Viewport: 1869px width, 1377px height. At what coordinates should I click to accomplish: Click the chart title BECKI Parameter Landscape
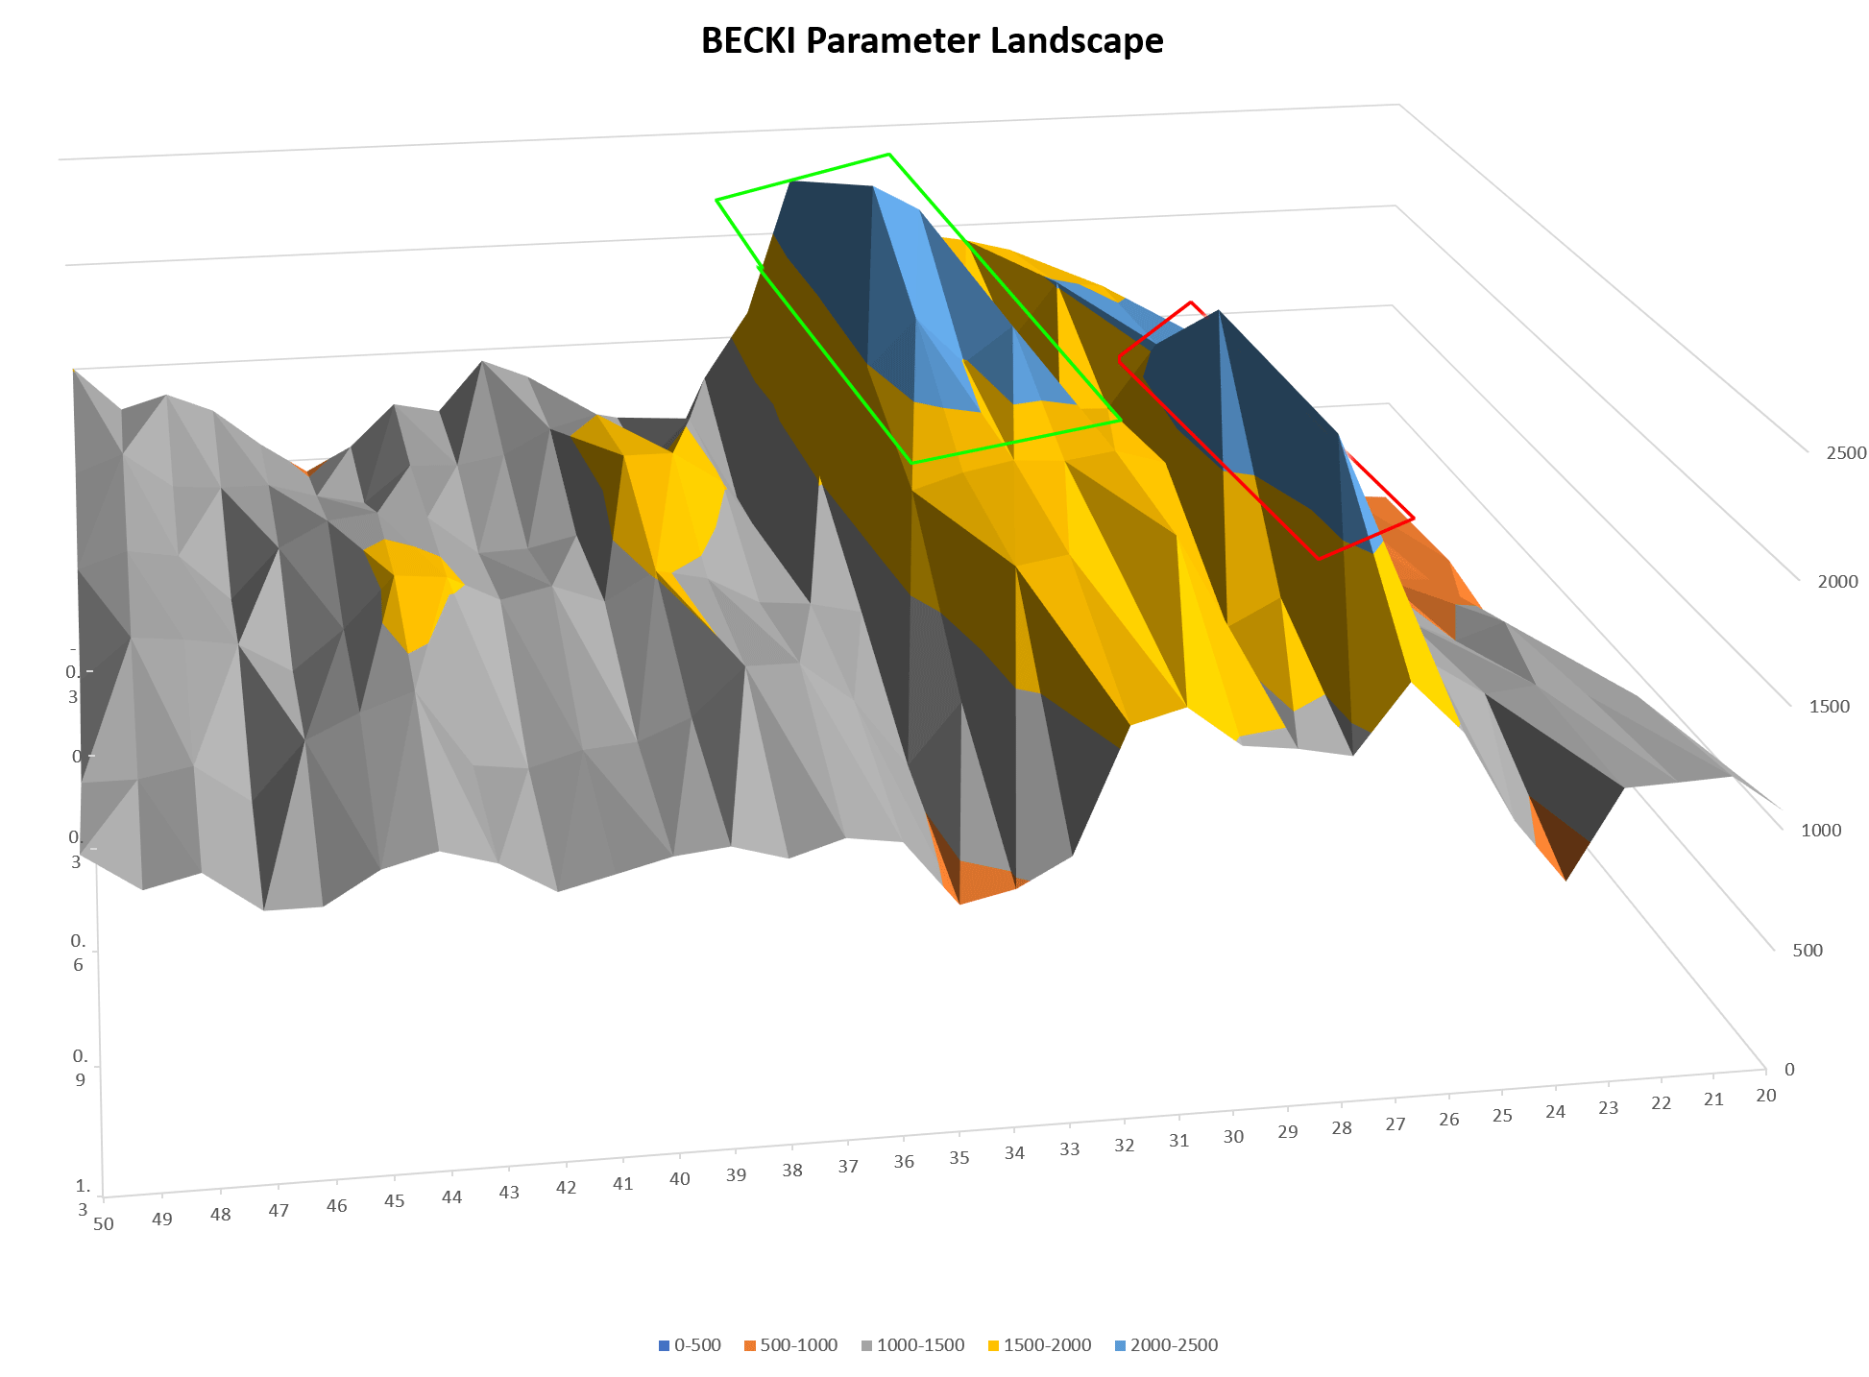(x=932, y=41)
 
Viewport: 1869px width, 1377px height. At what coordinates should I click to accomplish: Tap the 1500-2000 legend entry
(x=1039, y=1345)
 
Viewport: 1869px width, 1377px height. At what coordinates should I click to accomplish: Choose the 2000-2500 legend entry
(x=1166, y=1345)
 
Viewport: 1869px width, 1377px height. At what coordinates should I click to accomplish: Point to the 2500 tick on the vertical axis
(x=1846, y=453)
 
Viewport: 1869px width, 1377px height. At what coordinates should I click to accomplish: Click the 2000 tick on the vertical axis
(x=1837, y=582)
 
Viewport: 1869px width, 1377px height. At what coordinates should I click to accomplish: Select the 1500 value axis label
(x=1829, y=707)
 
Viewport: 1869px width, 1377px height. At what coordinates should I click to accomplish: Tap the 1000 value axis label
(x=1821, y=831)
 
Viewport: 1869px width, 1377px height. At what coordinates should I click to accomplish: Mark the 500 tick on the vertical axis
(x=1807, y=951)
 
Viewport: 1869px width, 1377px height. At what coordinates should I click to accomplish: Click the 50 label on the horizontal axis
(x=104, y=1224)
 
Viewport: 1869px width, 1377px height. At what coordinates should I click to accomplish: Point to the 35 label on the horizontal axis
(x=959, y=1158)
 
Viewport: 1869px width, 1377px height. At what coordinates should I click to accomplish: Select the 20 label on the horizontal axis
(x=1765, y=1096)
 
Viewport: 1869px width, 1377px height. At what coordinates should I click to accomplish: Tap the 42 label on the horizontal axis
(x=566, y=1188)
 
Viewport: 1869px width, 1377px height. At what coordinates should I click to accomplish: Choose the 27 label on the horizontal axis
(x=1395, y=1124)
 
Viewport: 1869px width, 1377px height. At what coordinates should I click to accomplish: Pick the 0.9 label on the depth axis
(x=80, y=1067)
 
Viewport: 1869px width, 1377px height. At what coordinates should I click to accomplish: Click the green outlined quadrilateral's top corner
(x=889, y=154)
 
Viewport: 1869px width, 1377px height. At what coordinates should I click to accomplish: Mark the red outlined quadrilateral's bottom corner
(x=1319, y=559)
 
